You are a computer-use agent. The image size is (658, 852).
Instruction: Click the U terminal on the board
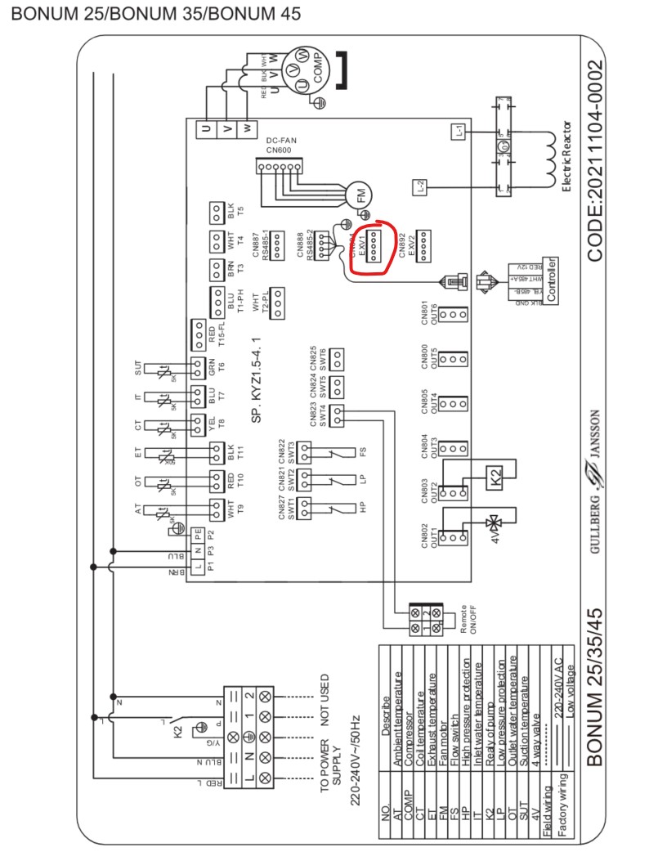pos(205,129)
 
